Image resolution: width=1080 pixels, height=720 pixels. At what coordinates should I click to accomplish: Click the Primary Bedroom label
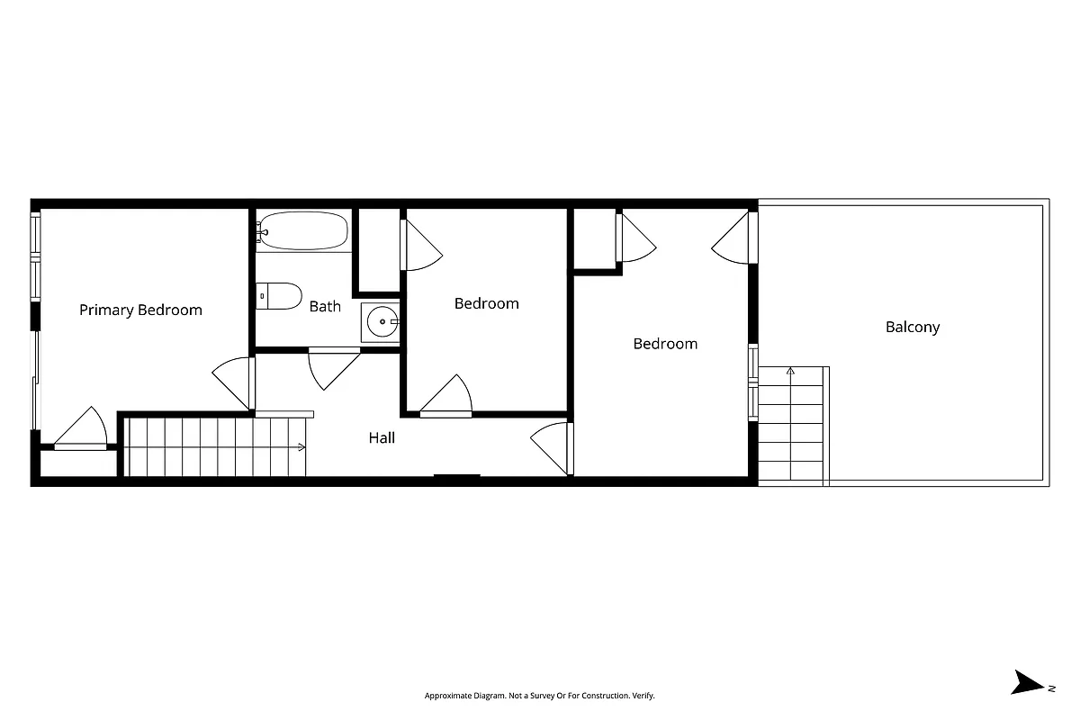click(x=140, y=310)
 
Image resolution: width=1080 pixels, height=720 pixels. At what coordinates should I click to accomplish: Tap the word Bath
click(x=325, y=306)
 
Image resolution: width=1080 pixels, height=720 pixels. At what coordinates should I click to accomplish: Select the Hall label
click(x=382, y=438)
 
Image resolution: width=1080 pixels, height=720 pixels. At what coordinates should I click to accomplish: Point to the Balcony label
click(x=913, y=327)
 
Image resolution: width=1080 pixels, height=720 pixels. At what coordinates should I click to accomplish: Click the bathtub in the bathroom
click(x=302, y=230)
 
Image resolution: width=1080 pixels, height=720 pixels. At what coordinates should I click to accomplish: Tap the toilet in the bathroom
click(x=279, y=296)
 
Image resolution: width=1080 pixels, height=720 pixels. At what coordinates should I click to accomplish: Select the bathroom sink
click(x=382, y=321)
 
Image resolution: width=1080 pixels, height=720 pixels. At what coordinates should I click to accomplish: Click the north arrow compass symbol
click(x=1028, y=682)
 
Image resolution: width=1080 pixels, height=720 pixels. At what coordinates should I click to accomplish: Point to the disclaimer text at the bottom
click(x=540, y=696)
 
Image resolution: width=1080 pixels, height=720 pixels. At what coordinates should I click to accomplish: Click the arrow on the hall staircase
click(x=301, y=447)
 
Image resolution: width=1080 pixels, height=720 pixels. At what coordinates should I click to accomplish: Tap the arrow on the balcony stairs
click(x=791, y=370)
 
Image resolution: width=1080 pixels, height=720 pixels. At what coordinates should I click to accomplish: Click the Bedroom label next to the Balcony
click(x=665, y=344)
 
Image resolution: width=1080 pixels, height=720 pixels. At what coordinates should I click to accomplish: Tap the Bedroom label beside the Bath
click(x=486, y=303)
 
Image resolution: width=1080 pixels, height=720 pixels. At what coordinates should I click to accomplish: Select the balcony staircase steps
click(x=792, y=423)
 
